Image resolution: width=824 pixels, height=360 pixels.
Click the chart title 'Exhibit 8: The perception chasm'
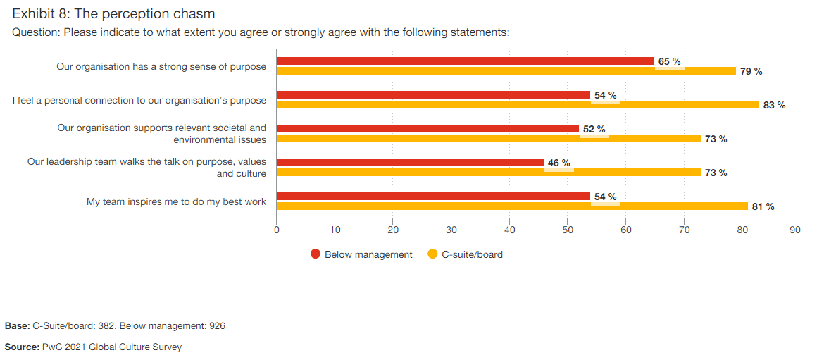tap(113, 13)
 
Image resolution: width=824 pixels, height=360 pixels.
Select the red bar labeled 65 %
tap(465, 61)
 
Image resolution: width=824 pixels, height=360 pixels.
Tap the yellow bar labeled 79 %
tap(506, 71)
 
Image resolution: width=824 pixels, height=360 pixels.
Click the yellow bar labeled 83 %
tap(518, 105)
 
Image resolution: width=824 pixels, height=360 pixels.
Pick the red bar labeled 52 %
tap(427, 129)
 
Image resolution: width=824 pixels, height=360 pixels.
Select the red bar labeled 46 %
tap(410, 163)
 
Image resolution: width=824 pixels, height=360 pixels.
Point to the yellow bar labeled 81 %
tap(512, 206)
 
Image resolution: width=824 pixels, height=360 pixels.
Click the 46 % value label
tap(558, 163)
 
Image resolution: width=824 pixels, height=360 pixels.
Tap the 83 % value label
tap(774, 106)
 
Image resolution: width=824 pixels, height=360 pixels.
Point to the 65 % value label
tap(669, 62)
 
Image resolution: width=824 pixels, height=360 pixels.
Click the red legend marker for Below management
tap(316, 254)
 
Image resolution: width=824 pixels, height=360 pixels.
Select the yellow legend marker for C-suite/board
tap(432, 254)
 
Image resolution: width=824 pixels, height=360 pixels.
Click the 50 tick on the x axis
tap(568, 230)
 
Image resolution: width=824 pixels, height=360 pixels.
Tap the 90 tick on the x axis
tap(795, 230)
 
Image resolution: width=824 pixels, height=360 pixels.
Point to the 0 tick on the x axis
tap(277, 230)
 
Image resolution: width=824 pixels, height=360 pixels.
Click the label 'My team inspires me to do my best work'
tap(176, 202)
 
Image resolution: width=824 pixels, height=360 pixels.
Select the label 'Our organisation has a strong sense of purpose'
tap(161, 67)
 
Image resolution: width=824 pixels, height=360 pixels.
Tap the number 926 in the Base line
tap(216, 326)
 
